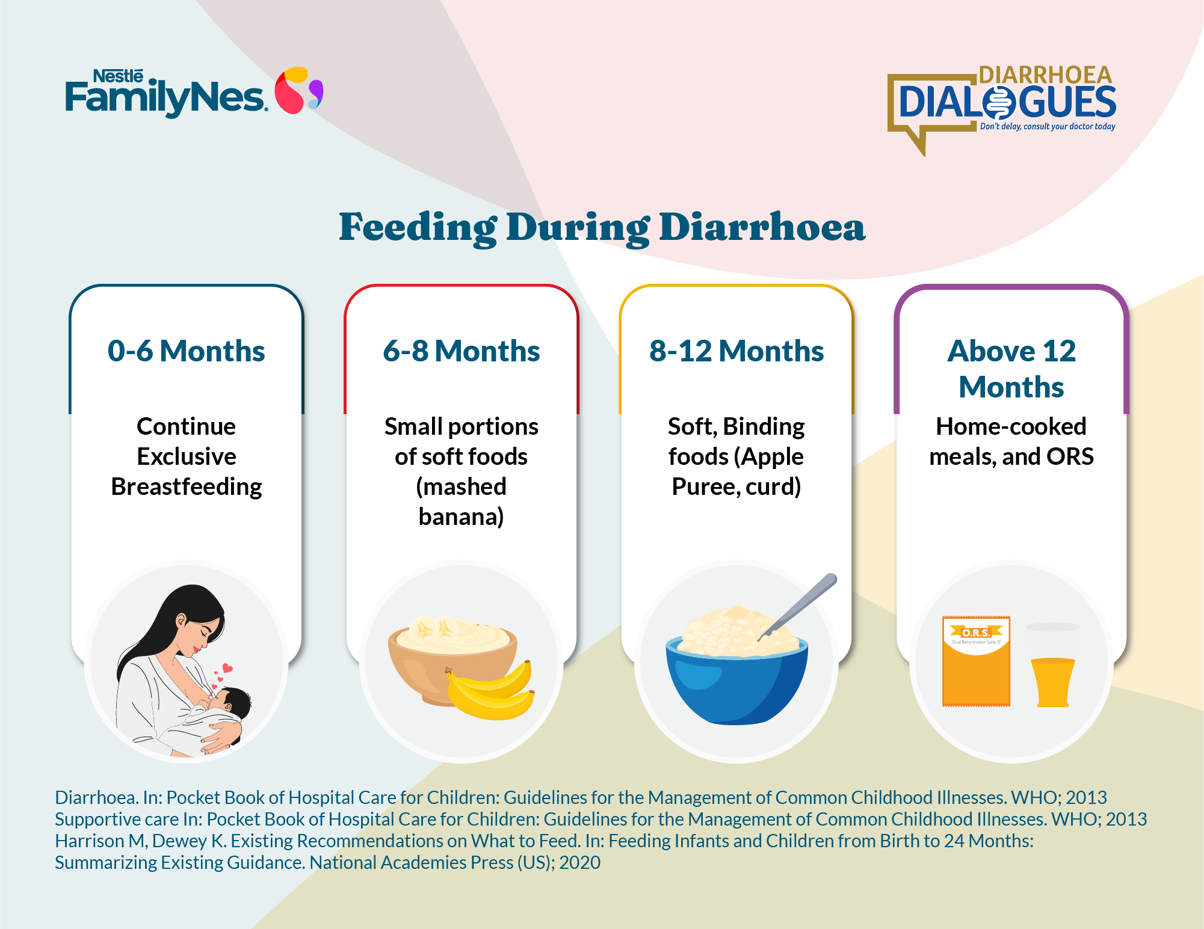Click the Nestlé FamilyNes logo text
click(x=165, y=93)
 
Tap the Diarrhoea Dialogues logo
click(x=1002, y=108)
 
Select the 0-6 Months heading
click(x=187, y=351)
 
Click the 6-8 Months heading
click(x=462, y=351)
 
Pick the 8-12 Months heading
click(x=736, y=351)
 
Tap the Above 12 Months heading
click(x=1011, y=369)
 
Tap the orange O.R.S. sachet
click(x=976, y=661)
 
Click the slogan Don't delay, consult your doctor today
click(x=1048, y=126)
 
